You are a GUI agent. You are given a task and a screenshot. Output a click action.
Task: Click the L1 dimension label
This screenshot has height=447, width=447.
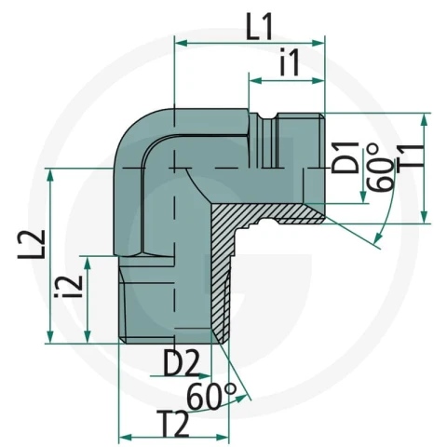(259, 27)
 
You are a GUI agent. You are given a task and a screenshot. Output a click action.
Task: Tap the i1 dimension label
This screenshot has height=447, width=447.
(290, 61)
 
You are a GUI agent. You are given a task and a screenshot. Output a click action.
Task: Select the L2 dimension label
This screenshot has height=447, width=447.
(32, 244)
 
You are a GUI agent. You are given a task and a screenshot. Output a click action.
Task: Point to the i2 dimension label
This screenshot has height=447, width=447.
(69, 287)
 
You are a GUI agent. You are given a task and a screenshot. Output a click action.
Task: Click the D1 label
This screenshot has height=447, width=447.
(345, 157)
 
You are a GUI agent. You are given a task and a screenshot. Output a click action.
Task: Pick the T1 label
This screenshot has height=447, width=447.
(411, 158)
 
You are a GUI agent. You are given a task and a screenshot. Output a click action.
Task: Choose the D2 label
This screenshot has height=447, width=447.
(181, 363)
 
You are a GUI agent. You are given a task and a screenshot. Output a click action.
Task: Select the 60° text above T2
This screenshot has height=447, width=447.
(212, 396)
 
